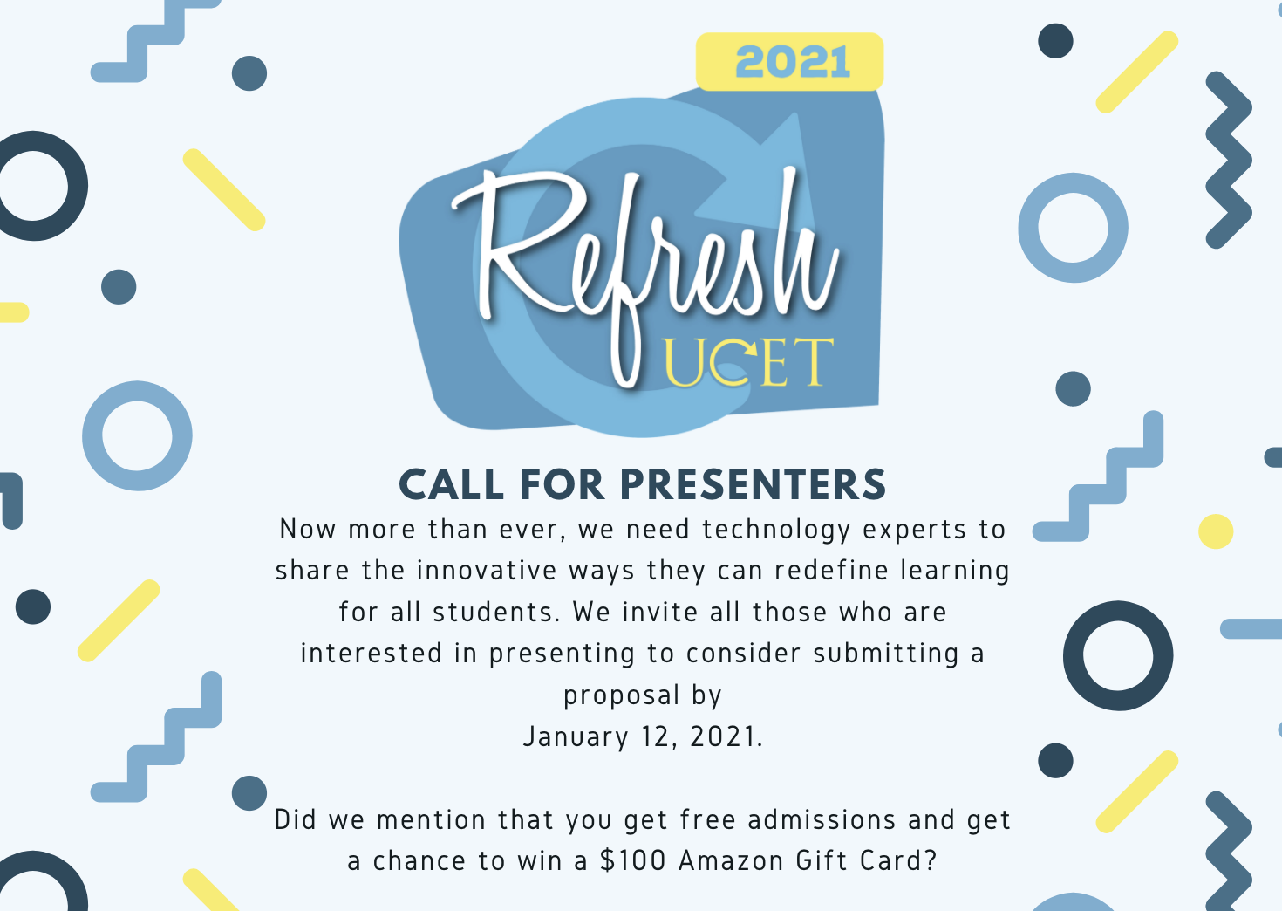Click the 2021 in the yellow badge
[793, 62]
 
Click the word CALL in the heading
[452, 485]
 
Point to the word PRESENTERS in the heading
[754, 485]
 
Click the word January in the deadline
[576, 737]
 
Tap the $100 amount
[633, 860]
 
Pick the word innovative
[487, 571]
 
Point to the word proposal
[622, 696]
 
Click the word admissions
[822, 819]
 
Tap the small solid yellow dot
[1216, 531]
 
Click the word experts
[914, 531]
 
